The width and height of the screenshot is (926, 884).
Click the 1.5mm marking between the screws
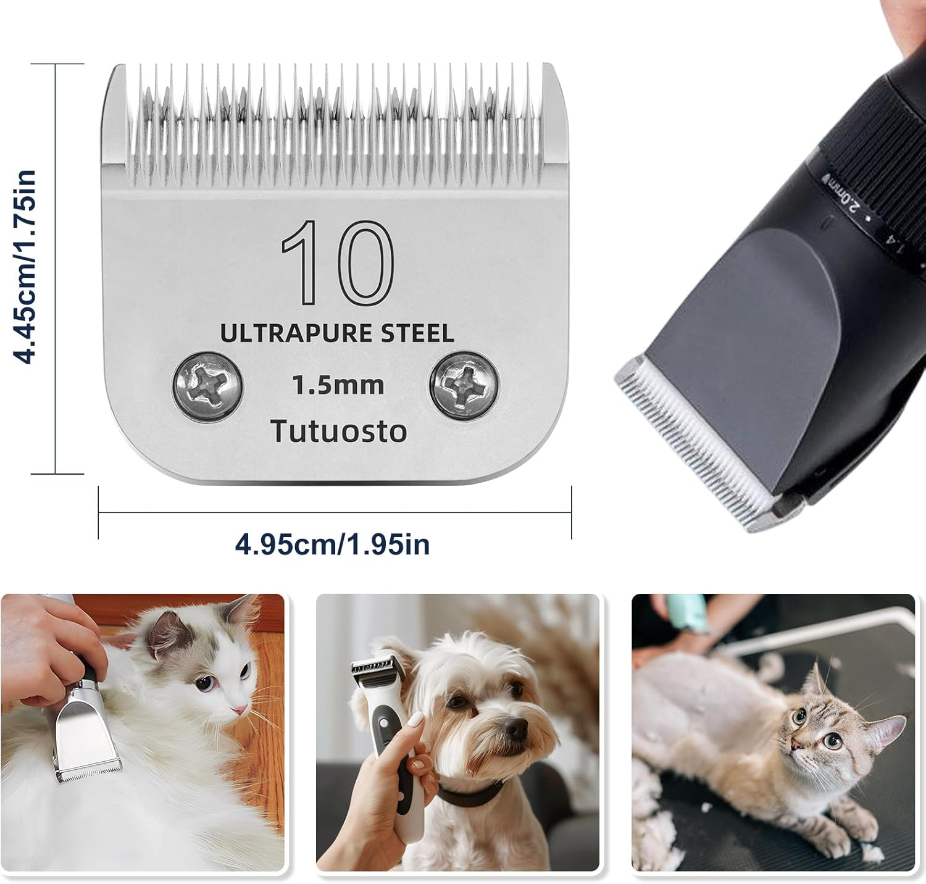pyautogui.click(x=338, y=385)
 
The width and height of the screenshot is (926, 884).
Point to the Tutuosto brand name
pyautogui.click(x=339, y=431)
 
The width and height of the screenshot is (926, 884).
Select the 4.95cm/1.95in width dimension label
pyautogui.click(x=332, y=544)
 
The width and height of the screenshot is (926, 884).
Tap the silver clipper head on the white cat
pyautogui.click(x=83, y=741)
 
